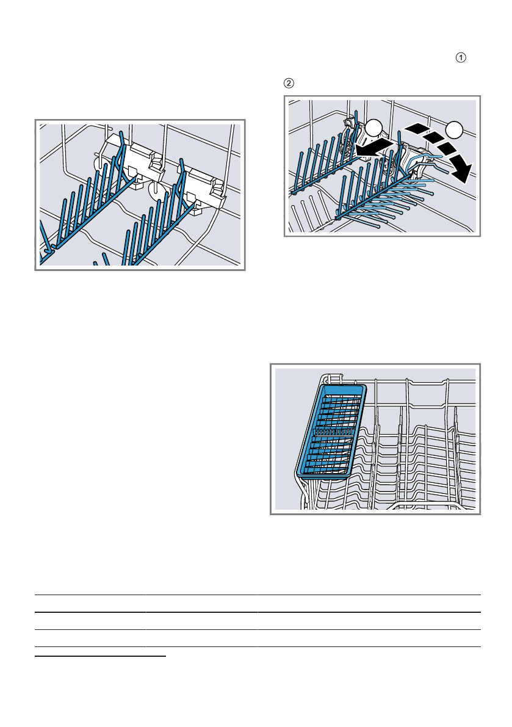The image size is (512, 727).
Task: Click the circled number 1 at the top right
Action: [461, 57]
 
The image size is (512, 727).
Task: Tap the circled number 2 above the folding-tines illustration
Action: [289, 84]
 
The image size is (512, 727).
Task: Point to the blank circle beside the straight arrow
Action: [373, 128]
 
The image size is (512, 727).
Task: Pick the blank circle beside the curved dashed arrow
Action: [454, 130]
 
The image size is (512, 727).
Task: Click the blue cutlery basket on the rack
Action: [331, 431]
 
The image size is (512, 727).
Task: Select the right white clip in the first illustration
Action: [203, 188]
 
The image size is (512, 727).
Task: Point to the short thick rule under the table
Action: [100, 656]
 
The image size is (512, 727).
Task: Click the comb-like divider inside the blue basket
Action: [334, 430]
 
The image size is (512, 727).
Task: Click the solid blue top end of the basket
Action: [344, 389]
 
